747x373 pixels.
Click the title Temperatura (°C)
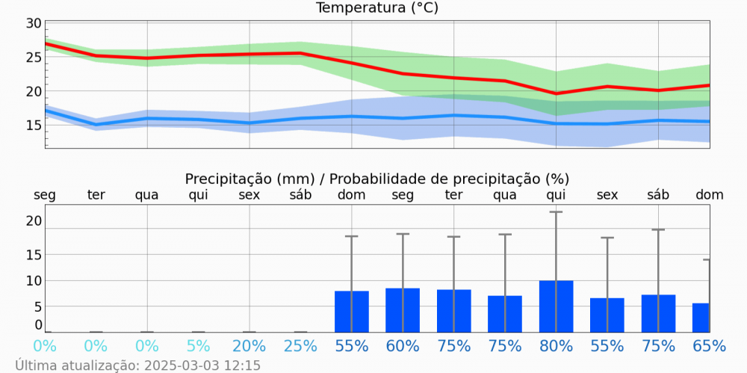tap(377, 8)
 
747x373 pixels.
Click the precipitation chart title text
tap(377, 179)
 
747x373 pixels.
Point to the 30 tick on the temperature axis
tap(34, 23)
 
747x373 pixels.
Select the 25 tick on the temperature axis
tap(34, 57)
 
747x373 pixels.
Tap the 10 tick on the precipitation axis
tap(34, 280)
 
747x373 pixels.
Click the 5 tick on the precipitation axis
tap(37, 306)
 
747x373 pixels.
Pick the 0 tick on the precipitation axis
tap(37, 324)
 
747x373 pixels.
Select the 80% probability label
tap(556, 346)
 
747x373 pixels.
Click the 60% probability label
tap(403, 346)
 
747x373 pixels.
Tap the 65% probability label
tap(709, 346)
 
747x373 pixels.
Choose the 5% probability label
tap(198, 346)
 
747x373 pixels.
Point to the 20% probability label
tap(249, 346)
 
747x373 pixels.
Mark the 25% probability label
tap(300, 346)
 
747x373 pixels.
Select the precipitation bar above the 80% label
tap(556, 306)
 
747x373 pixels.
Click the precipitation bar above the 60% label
tap(403, 310)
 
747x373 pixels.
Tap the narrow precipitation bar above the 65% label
tap(701, 318)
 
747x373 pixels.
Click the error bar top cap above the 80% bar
tap(556, 212)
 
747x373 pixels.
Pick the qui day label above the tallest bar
tap(556, 195)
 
